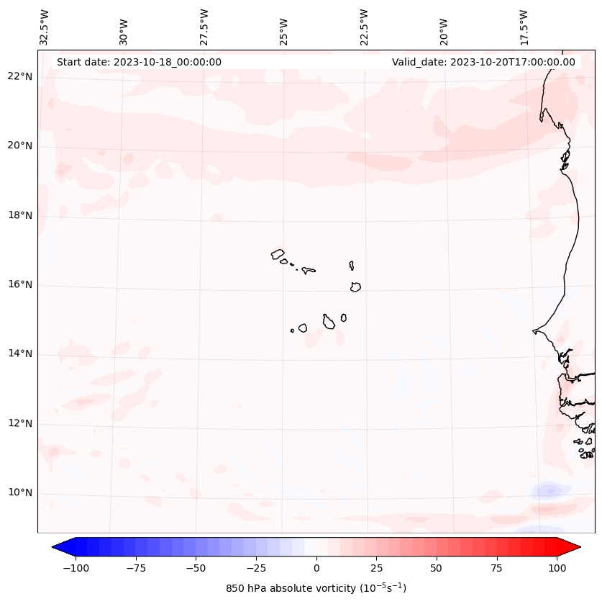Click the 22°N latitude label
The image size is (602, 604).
[20, 77]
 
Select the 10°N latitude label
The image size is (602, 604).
[20, 493]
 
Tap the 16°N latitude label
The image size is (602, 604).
[20, 285]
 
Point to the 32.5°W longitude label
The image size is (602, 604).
[45, 27]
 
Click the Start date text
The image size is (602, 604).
[139, 62]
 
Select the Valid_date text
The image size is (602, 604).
[483, 62]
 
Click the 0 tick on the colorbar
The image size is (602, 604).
[316, 568]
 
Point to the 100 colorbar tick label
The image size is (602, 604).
[557, 568]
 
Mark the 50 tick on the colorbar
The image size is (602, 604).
[437, 568]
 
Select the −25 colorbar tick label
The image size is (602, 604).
[256, 568]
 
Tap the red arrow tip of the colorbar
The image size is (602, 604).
[573, 547]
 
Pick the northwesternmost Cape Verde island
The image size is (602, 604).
[278, 254]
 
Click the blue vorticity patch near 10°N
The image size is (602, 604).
[550, 492]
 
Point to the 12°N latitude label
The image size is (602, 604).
[20, 423]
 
